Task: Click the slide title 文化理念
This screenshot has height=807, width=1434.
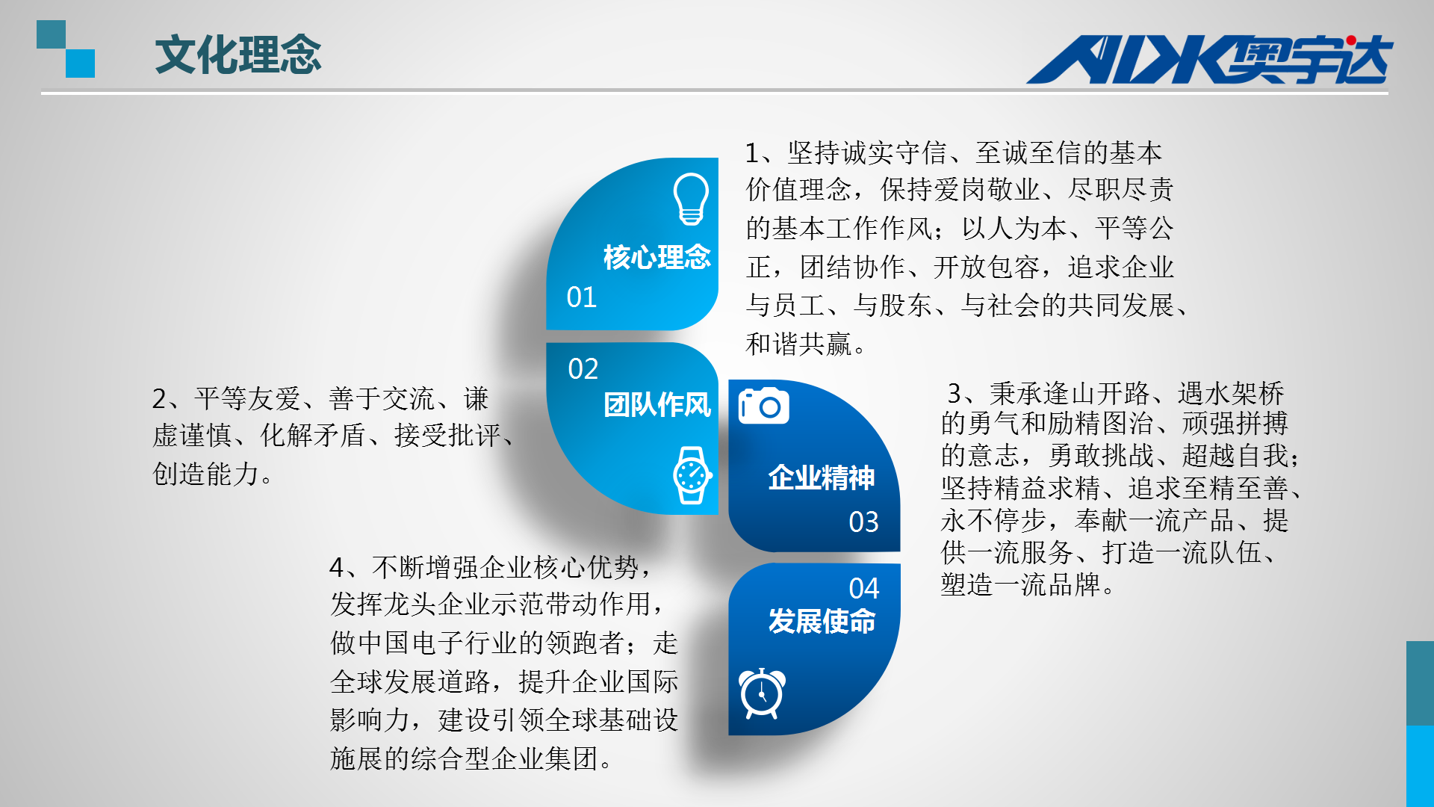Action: click(x=238, y=55)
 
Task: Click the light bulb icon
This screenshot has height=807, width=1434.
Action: click(x=691, y=199)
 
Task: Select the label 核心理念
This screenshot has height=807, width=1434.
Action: click(x=657, y=257)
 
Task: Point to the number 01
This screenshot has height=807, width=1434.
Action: click(x=582, y=297)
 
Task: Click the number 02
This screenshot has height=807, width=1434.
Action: click(x=583, y=369)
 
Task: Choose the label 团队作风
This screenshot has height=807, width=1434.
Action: click(x=657, y=405)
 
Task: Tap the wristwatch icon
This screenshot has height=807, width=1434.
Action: click(x=692, y=474)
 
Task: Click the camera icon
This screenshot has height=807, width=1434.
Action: click(x=763, y=406)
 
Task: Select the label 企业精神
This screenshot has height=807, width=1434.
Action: click(x=822, y=477)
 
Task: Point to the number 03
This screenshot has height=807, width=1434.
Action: click(x=864, y=522)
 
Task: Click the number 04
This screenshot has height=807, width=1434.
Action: click(x=864, y=589)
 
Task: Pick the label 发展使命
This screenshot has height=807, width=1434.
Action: click(x=822, y=621)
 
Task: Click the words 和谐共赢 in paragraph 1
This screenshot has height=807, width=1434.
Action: click(x=798, y=344)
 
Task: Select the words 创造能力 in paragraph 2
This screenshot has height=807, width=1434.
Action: click(x=205, y=474)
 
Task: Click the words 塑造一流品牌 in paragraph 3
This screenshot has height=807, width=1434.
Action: click(x=1020, y=584)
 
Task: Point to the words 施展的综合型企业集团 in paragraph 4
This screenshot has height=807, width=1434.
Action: click(x=464, y=759)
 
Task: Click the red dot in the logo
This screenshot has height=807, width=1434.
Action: click(x=1351, y=40)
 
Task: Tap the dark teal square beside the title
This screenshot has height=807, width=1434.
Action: click(x=52, y=34)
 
